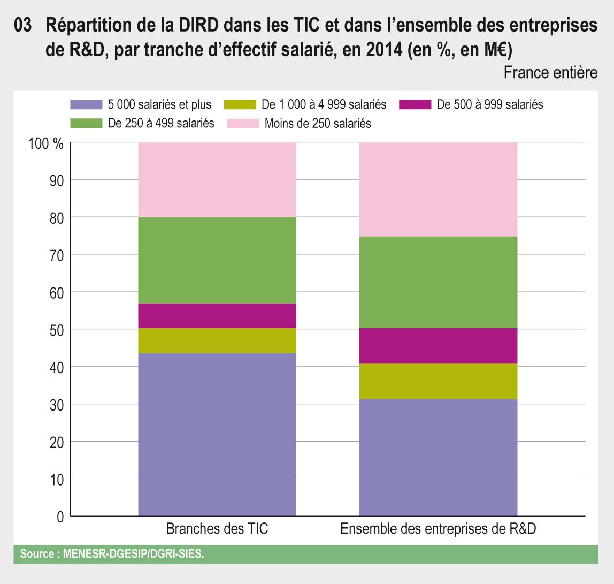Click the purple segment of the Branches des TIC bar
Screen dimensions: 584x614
[217, 434]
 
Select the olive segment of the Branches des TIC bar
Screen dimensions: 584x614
[217, 340]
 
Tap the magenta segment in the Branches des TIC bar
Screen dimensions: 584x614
[217, 316]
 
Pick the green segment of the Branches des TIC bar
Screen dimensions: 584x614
[217, 260]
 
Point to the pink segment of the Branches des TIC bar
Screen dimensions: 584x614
[217, 180]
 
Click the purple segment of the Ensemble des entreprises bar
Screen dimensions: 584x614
[438, 457]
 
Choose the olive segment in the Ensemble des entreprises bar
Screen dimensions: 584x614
[438, 381]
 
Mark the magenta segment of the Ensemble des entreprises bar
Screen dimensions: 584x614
[438, 346]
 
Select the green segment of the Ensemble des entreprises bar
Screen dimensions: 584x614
[438, 282]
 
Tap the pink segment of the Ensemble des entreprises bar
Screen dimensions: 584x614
[438, 189]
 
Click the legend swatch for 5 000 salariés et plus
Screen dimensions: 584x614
[86, 104]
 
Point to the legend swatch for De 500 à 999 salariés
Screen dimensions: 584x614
[415, 104]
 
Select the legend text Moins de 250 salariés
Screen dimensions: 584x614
[318, 124]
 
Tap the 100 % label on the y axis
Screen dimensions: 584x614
[46, 143]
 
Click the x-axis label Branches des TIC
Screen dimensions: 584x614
[217, 529]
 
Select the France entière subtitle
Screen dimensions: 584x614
[550, 73]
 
